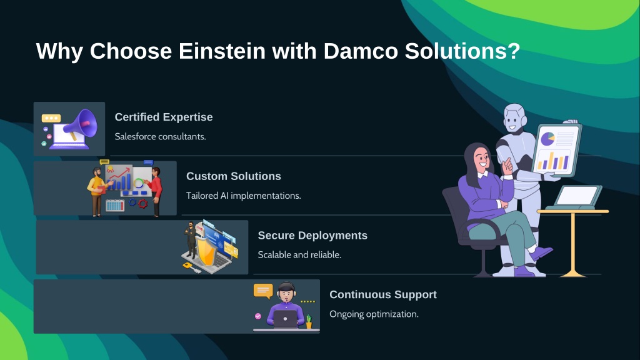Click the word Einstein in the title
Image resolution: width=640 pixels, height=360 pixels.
pos(222,51)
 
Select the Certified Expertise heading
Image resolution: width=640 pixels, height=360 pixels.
pos(164,117)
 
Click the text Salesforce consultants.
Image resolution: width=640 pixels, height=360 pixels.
pos(161,136)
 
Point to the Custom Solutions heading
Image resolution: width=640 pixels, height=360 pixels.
pos(234,176)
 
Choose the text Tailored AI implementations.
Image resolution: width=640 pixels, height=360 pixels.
pos(244,196)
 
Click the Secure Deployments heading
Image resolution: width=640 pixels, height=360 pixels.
pos(312,236)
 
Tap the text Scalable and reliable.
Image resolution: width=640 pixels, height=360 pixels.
pos(299,255)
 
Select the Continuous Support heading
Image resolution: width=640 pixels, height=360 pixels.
pos(383,295)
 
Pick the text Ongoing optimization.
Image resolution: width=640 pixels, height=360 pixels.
pos(374,314)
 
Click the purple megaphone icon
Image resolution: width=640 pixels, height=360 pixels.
pos(82,124)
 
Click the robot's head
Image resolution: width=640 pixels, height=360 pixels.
pos(515,117)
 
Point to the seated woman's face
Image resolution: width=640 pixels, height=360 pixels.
pos(482,158)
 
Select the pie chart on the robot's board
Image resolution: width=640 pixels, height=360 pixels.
pos(547,139)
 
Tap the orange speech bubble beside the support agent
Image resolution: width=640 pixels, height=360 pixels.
pos(263,291)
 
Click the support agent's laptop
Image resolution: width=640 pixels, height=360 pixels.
pos(285,319)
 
